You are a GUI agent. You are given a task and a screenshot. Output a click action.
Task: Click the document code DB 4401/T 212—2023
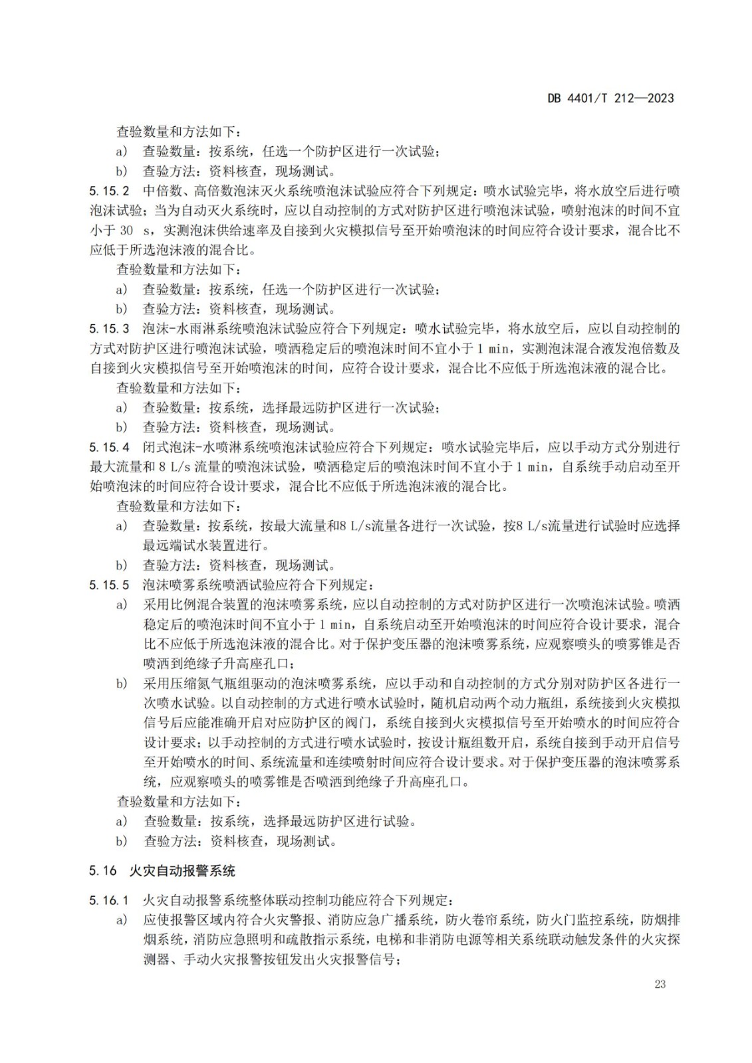pyautogui.click(x=610, y=98)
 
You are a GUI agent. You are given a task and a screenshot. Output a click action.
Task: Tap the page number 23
pyautogui.click(x=660, y=984)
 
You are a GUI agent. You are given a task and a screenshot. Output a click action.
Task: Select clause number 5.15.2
pyautogui.click(x=109, y=191)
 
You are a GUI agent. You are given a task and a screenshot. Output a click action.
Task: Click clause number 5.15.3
pyautogui.click(x=109, y=329)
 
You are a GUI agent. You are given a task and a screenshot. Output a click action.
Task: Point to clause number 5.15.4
pyautogui.click(x=109, y=447)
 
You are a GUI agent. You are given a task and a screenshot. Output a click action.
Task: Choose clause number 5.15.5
pyautogui.click(x=109, y=585)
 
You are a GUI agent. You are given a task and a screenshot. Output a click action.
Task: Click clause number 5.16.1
pyautogui.click(x=109, y=901)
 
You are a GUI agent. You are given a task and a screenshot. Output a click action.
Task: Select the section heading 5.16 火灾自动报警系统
pyautogui.click(x=162, y=871)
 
